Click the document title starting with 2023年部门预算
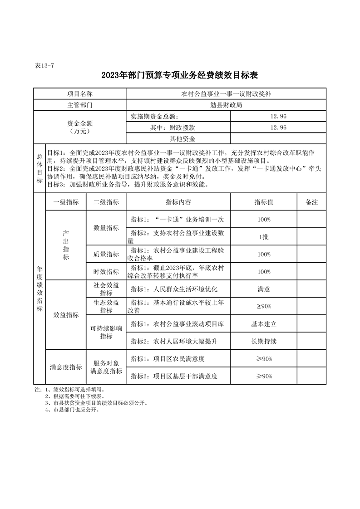[180, 75]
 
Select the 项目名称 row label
[80, 94]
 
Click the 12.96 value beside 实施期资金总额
[278, 116]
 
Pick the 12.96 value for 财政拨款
[278, 127]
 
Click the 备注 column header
[311, 202]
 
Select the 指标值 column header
[264, 202]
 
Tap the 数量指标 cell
[106, 228]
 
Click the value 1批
[264, 236]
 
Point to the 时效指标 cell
[106, 272]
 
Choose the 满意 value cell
[264, 289]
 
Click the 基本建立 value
[264, 324]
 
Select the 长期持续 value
[264, 341]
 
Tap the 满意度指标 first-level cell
[66, 367]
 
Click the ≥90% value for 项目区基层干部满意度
[264, 376]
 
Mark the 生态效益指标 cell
[106, 306]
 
